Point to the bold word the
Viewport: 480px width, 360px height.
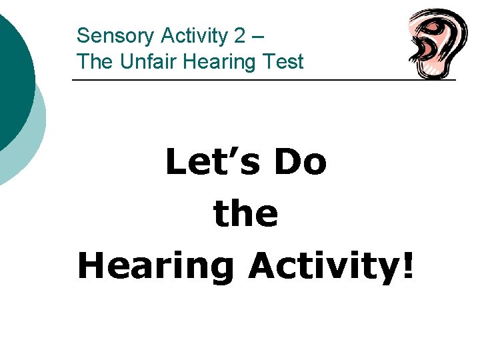point(245,213)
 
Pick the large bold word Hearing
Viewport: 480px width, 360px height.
point(155,266)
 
